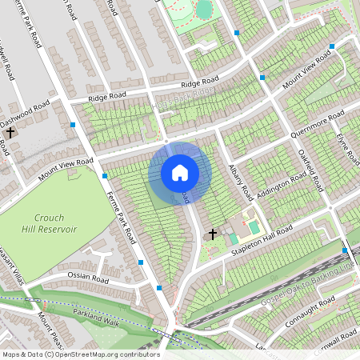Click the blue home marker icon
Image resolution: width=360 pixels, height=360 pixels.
180,173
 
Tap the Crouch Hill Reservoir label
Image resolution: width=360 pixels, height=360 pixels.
55,223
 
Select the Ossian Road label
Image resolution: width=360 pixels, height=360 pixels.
88,278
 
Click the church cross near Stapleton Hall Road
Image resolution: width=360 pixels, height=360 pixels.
212,234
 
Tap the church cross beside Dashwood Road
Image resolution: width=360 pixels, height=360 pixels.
11,132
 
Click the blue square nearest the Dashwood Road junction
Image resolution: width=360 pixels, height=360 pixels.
73,126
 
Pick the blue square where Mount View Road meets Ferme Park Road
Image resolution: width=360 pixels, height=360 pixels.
105,175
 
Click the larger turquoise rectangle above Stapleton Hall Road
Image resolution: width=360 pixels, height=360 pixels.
254,228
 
